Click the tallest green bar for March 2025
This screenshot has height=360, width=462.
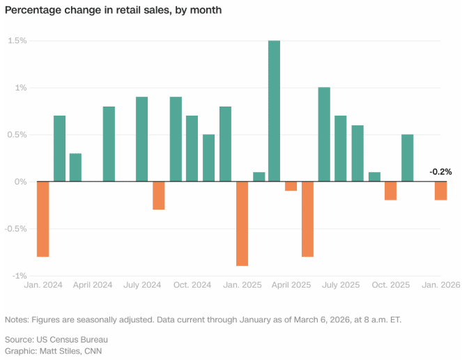pos(275,111)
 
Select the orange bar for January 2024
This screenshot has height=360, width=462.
pos(43,219)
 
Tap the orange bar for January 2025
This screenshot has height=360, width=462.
pos(242,224)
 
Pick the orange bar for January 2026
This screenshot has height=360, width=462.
pos(441,191)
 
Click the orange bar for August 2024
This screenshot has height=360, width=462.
pos(159,195)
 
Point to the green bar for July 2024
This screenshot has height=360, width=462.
pos(141,139)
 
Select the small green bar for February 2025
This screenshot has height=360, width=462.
pos(259,177)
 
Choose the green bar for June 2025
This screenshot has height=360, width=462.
pos(324,134)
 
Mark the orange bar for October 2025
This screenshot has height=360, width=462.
pos(390,191)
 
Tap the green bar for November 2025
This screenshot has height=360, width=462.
pos(408,158)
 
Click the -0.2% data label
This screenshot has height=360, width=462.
pos(440,171)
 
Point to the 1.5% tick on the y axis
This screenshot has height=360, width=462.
pos(17,41)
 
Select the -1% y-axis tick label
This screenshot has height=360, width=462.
pos(19,276)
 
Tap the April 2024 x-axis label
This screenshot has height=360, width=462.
pos(92,285)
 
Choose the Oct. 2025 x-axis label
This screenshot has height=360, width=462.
pos(390,285)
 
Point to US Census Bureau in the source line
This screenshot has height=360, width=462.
pos(72,338)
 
